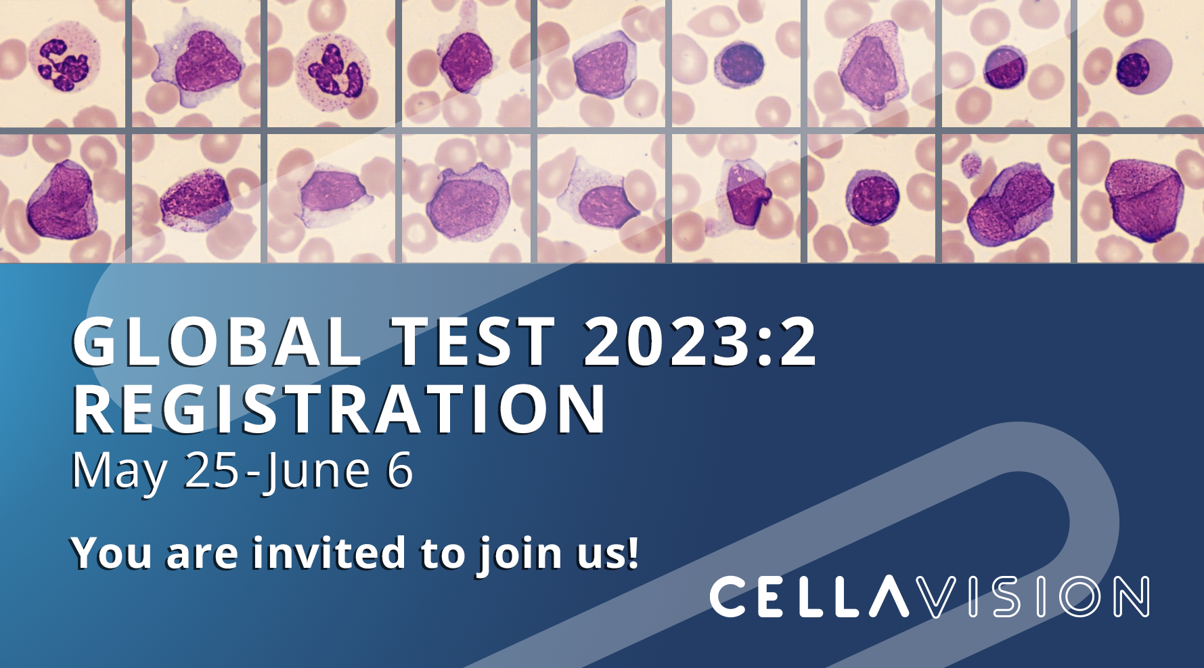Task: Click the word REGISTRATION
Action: click(x=339, y=409)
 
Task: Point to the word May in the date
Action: click(x=119, y=472)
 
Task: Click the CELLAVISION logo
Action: click(x=929, y=596)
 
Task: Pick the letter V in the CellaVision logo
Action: click(x=943, y=596)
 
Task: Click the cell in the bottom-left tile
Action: click(x=61, y=200)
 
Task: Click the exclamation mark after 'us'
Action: click(x=632, y=552)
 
